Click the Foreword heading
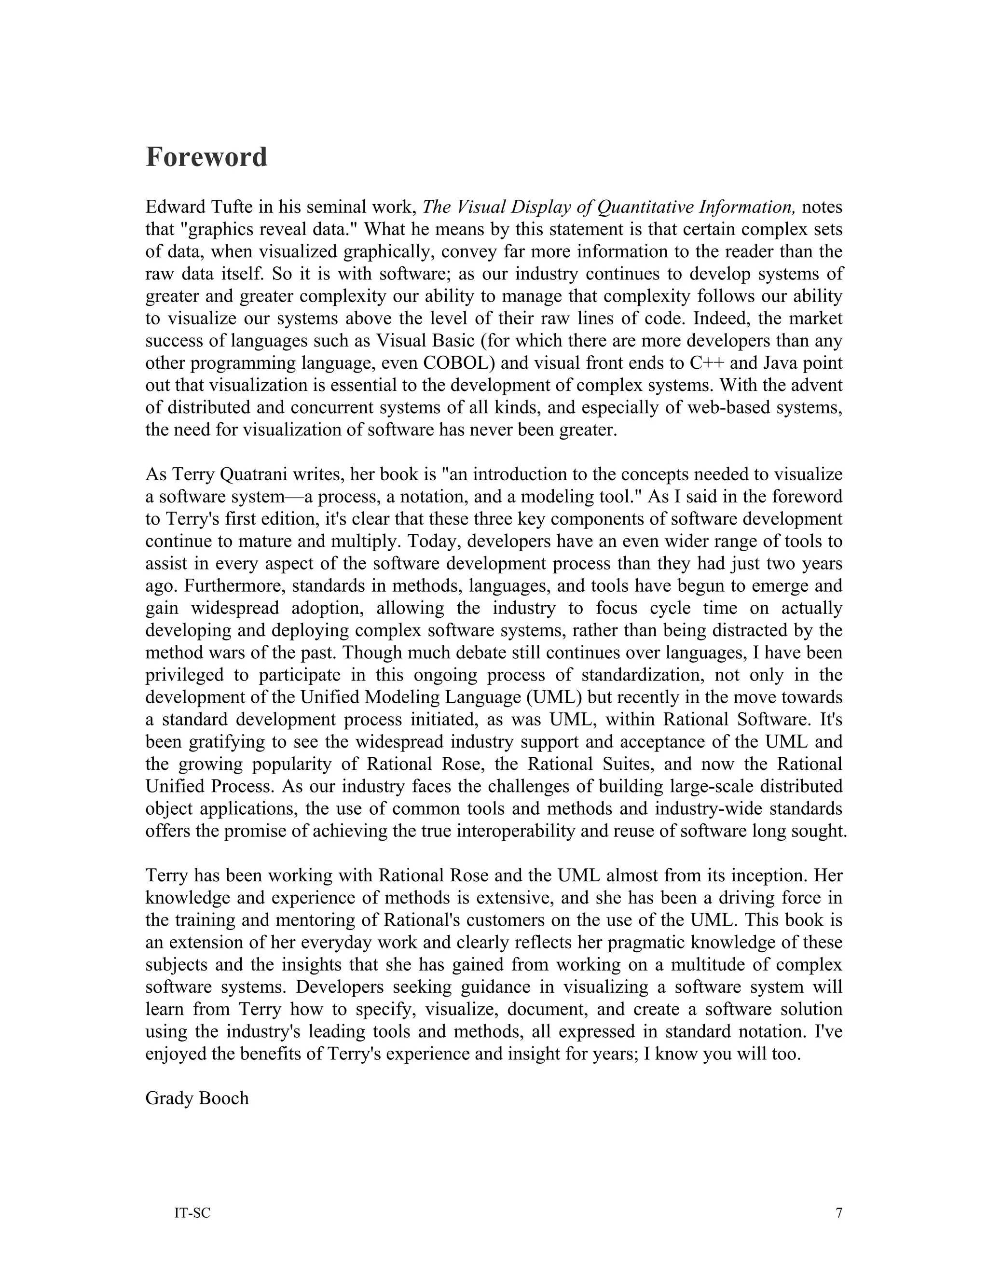tap(206, 157)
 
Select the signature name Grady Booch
tap(197, 1098)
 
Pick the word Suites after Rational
tap(640, 764)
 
